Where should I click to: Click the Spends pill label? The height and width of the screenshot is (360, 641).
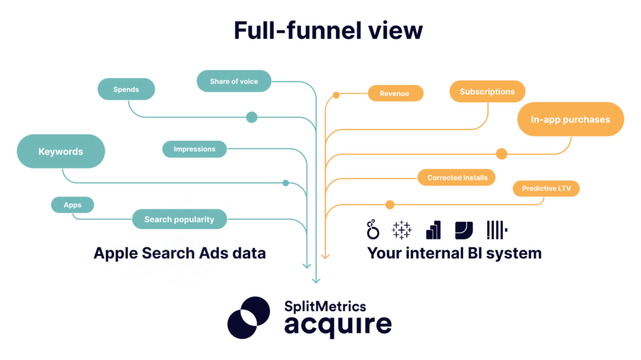pos(126,90)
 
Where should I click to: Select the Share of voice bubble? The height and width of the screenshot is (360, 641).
pos(234,81)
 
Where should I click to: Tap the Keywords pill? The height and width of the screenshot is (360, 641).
pos(61,152)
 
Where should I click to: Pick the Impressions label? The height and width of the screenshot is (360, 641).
pos(195,149)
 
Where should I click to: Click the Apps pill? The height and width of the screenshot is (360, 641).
pos(73,205)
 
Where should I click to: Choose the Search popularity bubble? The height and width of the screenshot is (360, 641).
pos(179,219)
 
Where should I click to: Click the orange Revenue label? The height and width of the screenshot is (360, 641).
pos(394,93)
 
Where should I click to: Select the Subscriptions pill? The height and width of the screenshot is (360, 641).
pos(487,91)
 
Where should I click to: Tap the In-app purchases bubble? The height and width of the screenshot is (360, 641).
pos(570,120)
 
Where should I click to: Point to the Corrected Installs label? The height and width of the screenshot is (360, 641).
pos(457,178)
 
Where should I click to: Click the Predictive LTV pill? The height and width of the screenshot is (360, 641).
pos(546,188)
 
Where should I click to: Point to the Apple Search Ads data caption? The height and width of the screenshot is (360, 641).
pos(180,253)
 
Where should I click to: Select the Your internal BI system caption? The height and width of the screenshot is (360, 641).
pos(454,253)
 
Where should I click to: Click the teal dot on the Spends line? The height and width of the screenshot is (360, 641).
pos(252,117)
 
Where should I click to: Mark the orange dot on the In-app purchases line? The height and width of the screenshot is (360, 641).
pos(501,153)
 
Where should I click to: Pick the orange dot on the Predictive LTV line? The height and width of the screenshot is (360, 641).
pos(390,204)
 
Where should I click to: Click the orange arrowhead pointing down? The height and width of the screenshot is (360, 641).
pos(325,256)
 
